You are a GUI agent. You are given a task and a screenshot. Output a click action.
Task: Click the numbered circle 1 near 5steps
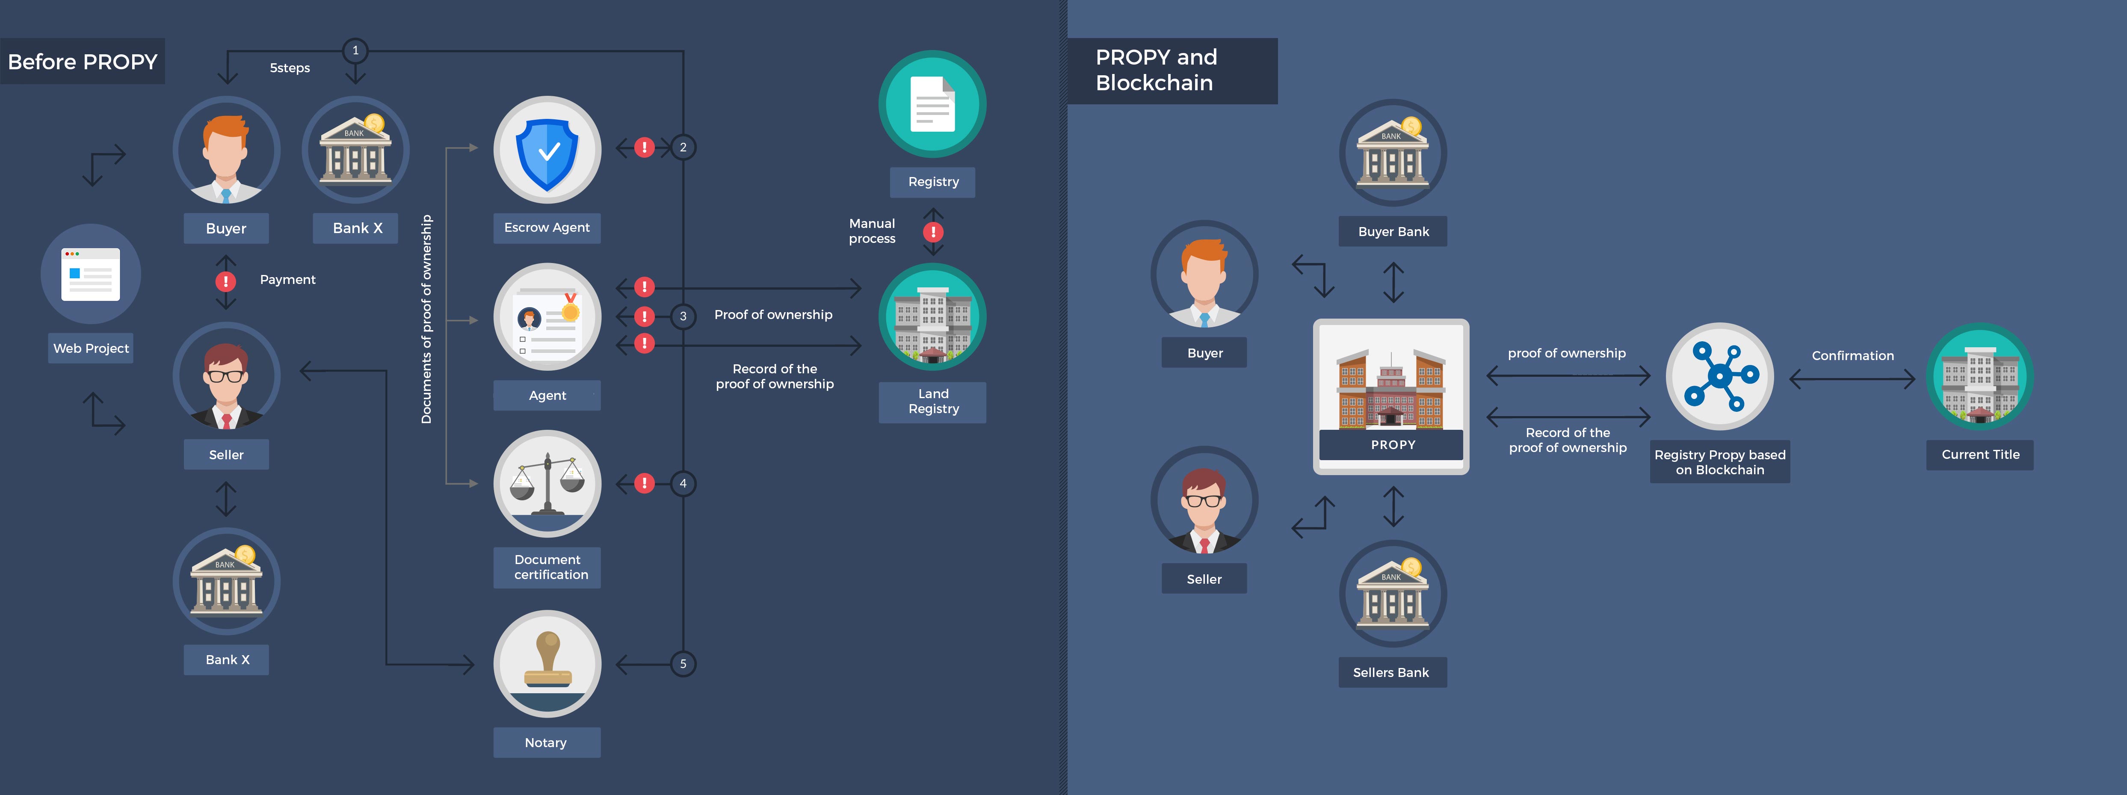click(x=355, y=50)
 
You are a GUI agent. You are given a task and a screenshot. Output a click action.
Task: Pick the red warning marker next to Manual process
click(x=933, y=232)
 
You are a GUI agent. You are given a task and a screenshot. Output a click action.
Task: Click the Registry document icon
click(x=932, y=104)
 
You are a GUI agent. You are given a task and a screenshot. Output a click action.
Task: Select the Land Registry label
click(x=932, y=401)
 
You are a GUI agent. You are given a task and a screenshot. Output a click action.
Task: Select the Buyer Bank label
click(x=1393, y=232)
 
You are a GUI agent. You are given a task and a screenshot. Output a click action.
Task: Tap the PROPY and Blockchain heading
click(x=1156, y=70)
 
